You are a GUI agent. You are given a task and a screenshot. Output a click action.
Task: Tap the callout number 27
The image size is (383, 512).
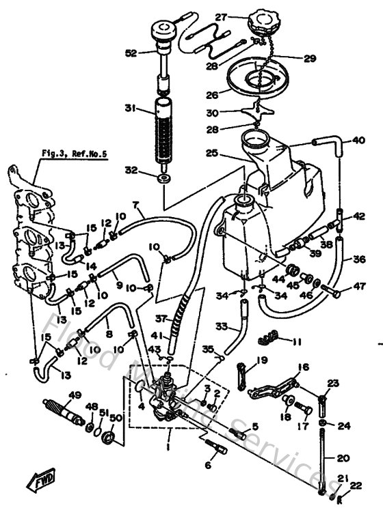(221, 17)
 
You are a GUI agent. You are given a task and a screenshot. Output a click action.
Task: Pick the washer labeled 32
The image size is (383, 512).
(164, 179)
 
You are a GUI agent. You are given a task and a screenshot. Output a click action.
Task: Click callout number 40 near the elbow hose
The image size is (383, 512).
(359, 141)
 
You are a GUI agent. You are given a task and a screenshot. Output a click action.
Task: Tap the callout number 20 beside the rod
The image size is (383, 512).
(345, 458)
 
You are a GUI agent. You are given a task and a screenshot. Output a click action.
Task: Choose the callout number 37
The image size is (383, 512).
(162, 318)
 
